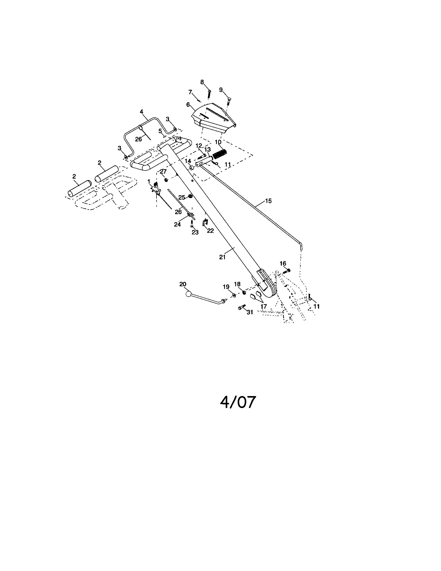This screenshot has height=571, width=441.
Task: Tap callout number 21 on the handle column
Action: click(x=222, y=257)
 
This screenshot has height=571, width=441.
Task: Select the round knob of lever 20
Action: click(x=189, y=294)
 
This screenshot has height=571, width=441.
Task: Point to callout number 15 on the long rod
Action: click(x=268, y=201)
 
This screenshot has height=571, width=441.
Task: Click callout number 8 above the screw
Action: click(x=202, y=82)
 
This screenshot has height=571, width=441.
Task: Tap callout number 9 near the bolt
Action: click(x=221, y=90)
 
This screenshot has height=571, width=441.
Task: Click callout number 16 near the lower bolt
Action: click(x=283, y=263)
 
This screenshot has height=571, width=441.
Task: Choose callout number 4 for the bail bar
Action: click(x=142, y=112)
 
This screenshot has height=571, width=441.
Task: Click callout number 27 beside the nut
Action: click(x=163, y=172)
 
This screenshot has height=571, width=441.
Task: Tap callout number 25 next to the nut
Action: click(x=182, y=197)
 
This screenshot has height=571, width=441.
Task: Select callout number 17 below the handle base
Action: click(x=264, y=307)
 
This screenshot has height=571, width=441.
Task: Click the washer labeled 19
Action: click(x=234, y=295)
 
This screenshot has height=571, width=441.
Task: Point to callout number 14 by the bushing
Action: click(x=188, y=161)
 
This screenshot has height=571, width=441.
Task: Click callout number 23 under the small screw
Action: click(x=195, y=233)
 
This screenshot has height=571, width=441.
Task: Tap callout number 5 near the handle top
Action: click(x=160, y=131)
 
